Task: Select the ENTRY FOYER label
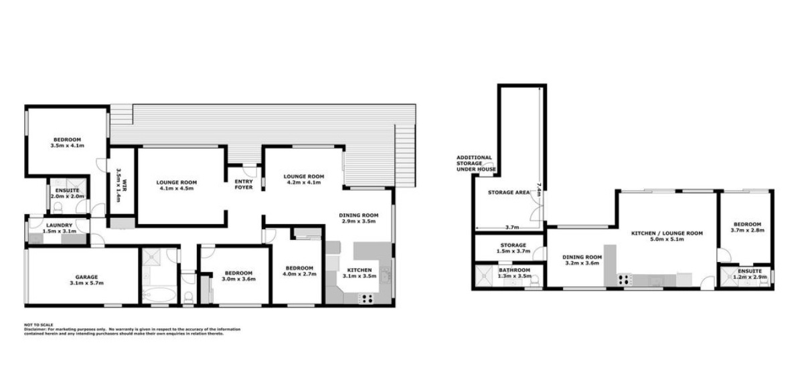point(243,185)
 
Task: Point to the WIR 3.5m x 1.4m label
point(117,185)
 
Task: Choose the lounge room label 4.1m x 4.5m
point(177,185)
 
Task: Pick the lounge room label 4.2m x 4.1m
point(305,179)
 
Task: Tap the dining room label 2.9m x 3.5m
point(358,217)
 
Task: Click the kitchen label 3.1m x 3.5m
point(359,273)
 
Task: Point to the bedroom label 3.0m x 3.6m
point(238,276)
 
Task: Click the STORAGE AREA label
point(509,193)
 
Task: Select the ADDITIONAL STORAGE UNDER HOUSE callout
point(476,164)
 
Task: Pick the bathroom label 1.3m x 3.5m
point(514,272)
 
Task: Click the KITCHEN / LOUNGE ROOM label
point(667,237)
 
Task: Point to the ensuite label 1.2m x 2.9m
point(749,274)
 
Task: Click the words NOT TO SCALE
point(38,325)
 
